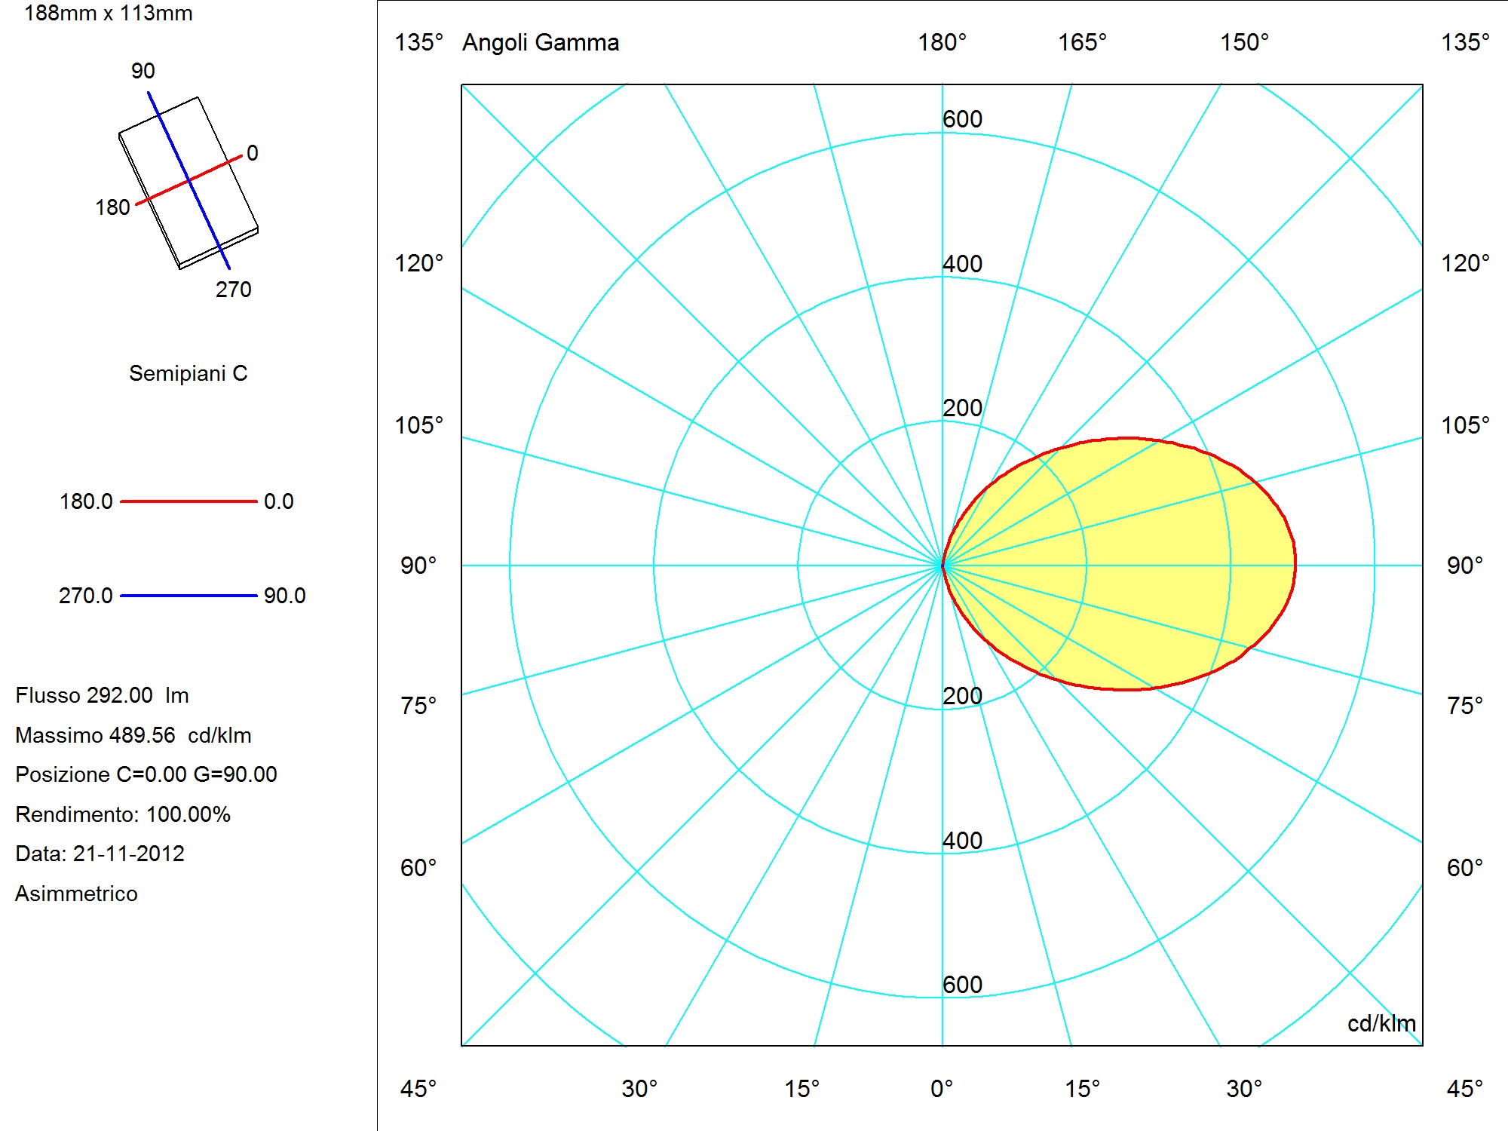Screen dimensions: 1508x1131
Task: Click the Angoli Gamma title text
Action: click(x=541, y=42)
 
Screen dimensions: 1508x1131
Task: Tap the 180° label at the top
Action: click(x=942, y=42)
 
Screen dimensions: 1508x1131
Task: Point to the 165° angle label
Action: click(x=1082, y=42)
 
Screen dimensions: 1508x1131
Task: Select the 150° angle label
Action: click(x=1245, y=42)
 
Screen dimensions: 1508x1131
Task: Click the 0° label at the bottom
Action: click(x=942, y=1089)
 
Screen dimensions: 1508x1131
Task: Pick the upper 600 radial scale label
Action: click(x=962, y=119)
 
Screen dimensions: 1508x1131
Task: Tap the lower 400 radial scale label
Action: click(x=962, y=840)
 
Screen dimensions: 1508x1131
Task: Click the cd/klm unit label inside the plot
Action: click(x=1381, y=1023)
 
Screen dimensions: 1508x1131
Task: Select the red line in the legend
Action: click(x=188, y=501)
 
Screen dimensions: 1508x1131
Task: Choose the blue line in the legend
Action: click(x=188, y=596)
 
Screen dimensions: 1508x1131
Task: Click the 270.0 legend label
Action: click(x=86, y=596)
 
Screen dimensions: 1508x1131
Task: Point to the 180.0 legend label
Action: click(x=86, y=501)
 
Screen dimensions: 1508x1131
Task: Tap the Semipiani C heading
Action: click(x=188, y=373)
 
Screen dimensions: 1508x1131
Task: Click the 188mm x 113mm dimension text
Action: click(x=109, y=13)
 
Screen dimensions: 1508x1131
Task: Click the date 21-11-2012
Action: click(x=129, y=854)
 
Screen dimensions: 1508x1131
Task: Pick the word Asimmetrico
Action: click(x=76, y=893)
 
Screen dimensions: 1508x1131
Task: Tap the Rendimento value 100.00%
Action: click(x=188, y=814)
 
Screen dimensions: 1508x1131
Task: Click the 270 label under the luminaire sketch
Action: click(x=234, y=290)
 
